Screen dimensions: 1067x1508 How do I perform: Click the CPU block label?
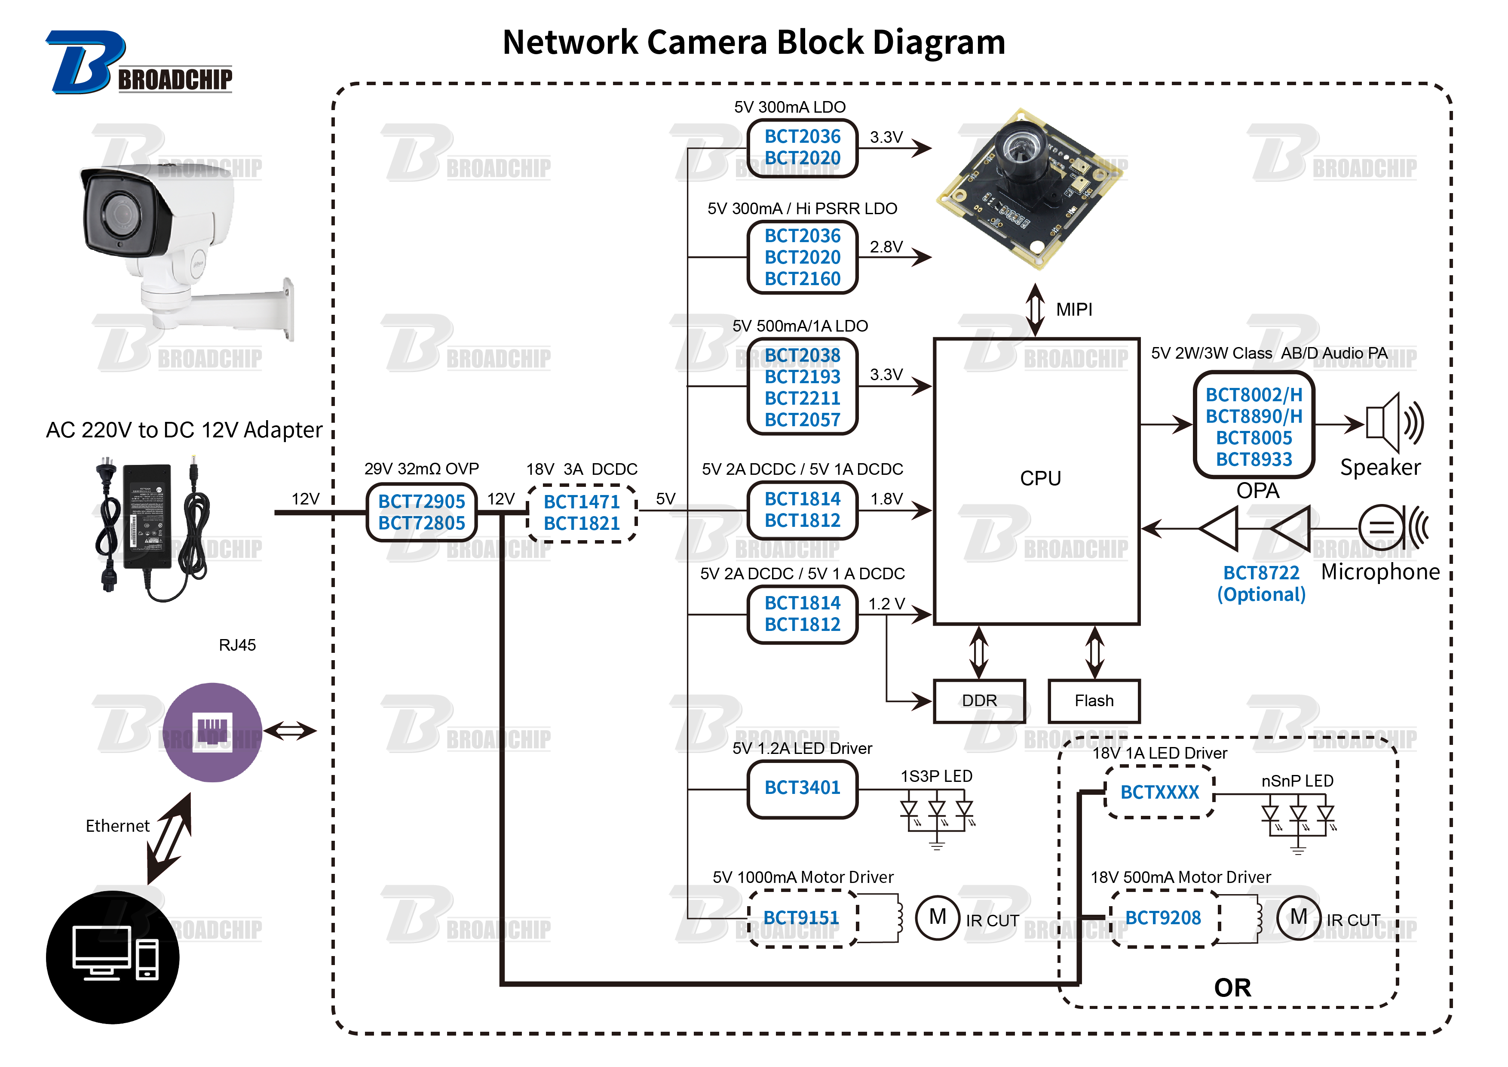[x=1040, y=478]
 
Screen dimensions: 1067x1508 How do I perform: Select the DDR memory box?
[x=979, y=701]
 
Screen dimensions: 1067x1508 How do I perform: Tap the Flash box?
[x=1094, y=701]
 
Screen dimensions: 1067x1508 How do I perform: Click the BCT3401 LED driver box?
[x=803, y=788]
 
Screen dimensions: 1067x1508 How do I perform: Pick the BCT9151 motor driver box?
[x=803, y=918]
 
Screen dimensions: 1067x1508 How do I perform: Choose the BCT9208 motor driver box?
[x=1163, y=918]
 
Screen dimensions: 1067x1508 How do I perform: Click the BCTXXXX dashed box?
[x=1160, y=792]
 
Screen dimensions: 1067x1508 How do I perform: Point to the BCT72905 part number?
[x=422, y=501]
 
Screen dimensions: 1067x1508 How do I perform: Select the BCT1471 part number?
[x=582, y=502]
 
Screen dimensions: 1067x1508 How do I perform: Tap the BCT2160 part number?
[x=803, y=279]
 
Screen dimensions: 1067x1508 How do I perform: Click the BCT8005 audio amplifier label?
[x=1254, y=438]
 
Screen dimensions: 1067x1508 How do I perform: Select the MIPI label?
[x=1075, y=310]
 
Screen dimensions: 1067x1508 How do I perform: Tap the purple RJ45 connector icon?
[x=213, y=732]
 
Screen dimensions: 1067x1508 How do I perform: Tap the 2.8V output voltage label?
[x=886, y=247]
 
